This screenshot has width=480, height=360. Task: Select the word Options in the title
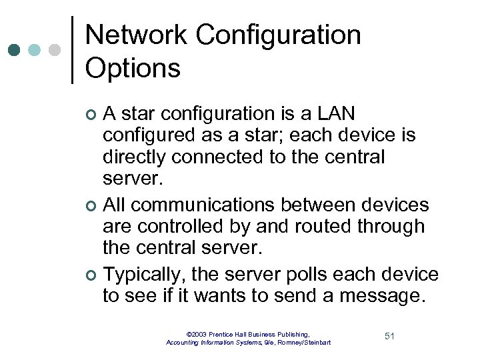point(133,67)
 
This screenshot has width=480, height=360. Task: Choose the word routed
point(312,226)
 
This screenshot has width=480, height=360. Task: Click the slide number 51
point(390,336)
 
